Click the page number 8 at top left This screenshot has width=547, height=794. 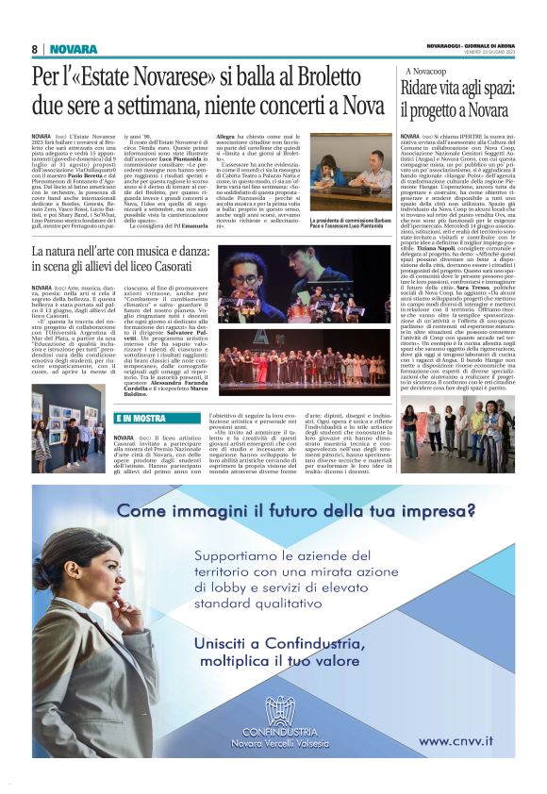tap(35, 49)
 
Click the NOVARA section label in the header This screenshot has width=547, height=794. tap(74, 49)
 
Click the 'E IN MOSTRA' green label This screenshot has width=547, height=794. tap(139, 417)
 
